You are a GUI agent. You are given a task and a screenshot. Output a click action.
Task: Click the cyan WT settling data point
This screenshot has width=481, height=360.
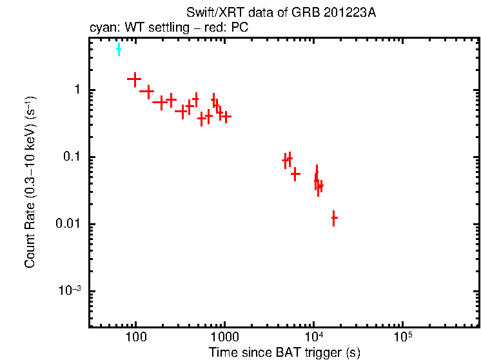point(119,49)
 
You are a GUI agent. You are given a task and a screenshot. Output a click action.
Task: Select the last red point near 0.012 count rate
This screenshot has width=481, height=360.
point(333,218)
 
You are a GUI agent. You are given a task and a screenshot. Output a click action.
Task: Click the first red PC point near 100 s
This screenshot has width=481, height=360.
point(134,79)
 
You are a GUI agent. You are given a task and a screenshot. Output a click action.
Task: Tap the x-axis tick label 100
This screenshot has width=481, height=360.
point(135,337)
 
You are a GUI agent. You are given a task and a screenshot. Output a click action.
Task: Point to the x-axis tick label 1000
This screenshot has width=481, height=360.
point(225,337)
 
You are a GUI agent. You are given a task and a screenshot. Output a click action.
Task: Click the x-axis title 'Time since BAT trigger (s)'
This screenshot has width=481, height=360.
point(284,352)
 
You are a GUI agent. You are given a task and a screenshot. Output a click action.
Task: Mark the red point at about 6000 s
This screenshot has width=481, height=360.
point(295,174)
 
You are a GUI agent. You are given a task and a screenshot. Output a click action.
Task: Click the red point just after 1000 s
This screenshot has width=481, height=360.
point(226,117)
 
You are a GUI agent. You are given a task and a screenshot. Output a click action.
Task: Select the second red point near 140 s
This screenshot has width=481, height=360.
point(148,92)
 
